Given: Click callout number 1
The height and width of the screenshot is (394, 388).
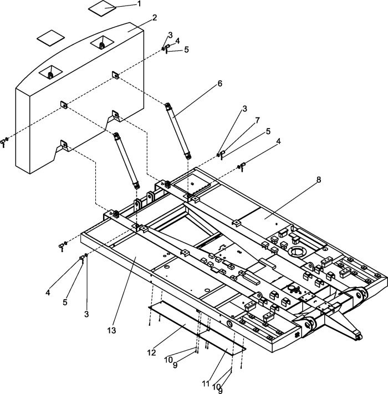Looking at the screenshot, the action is coord(139,4).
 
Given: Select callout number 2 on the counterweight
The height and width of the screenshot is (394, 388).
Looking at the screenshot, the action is coord(155,18).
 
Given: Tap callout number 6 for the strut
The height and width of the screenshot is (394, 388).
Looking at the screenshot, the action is coord(220,84).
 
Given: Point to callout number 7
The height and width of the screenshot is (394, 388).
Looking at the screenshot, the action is coord(257,120).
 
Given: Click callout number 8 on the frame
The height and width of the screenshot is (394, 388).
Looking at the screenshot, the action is coord(319,180).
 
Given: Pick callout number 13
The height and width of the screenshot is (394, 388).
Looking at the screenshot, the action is coord(111,330).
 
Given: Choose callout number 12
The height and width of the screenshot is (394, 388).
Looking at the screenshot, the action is coord(151,352).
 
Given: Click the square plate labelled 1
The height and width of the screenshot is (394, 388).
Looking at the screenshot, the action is coord(102,8).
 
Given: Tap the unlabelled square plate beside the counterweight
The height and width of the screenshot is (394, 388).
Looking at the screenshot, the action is coord(50,38).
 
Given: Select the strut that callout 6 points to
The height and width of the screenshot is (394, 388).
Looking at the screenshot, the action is coord(178,131).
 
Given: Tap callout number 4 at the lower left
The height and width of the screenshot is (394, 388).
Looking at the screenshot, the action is coord(48,293).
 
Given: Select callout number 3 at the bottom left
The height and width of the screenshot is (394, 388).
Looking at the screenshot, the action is coord(86,314).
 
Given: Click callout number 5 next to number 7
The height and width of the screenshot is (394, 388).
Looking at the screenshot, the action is coord(268,131).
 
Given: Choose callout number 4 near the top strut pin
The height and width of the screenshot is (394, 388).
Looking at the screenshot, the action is coord(177,40).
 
